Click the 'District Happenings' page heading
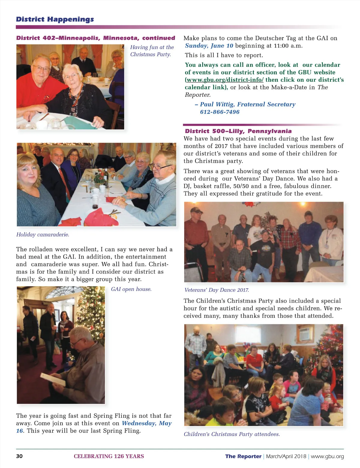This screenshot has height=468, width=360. (x=55, y=20)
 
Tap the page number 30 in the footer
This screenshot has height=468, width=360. (x=19, y=456)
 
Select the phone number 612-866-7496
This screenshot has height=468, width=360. (x=220, y=112)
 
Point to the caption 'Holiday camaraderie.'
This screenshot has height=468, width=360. (x=43, y=235)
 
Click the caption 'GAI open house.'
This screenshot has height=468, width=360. (x=131, y=289)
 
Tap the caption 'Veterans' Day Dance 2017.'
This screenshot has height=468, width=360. (x=216, y=290)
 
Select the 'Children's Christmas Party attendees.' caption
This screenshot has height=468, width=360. (x=232, y=434)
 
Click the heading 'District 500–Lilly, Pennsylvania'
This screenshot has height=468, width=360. (x=238, y=131)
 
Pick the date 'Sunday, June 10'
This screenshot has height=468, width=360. (x=209, y=46)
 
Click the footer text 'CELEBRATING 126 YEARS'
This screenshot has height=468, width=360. (x=109, y=456)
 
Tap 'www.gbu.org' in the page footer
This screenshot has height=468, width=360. (x=327, y=456)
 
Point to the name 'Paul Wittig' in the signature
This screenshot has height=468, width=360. (x=217, y=105)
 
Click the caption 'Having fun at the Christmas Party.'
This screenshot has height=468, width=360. (x=152, y=51)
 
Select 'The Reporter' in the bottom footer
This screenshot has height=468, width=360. (x=243, y=456)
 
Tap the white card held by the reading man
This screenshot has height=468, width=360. (x=53, y=380)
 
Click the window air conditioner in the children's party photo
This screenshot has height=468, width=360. (x=304, y=333)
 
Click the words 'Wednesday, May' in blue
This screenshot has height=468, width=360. (x=146, y=423)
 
